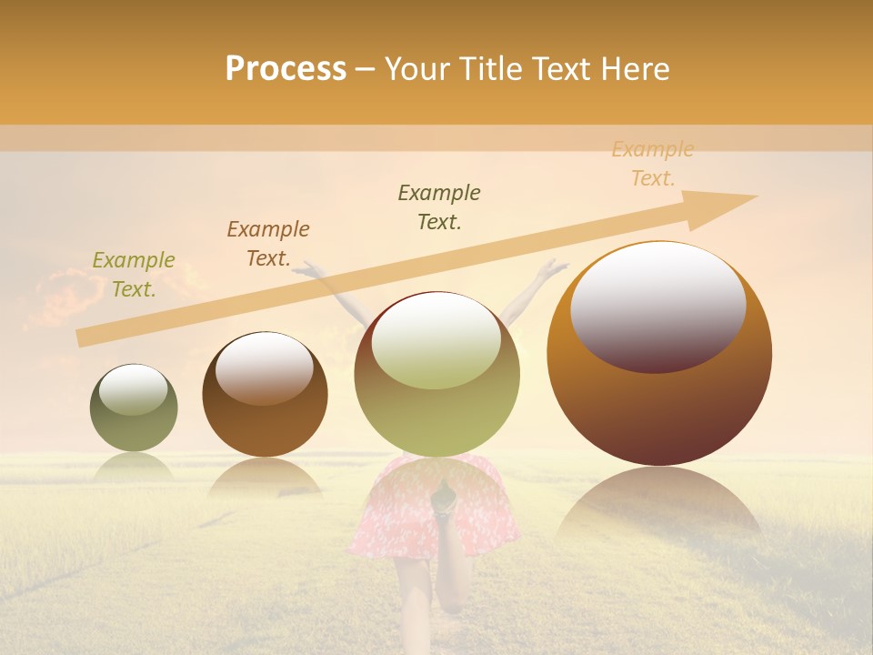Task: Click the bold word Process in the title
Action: (x=286, y=69)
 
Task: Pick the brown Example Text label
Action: (x=267, y=244)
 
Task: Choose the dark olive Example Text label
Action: (x=439, y=207)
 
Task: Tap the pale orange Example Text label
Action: (x=652, y=164)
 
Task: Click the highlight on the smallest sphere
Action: (x=133, y=389)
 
